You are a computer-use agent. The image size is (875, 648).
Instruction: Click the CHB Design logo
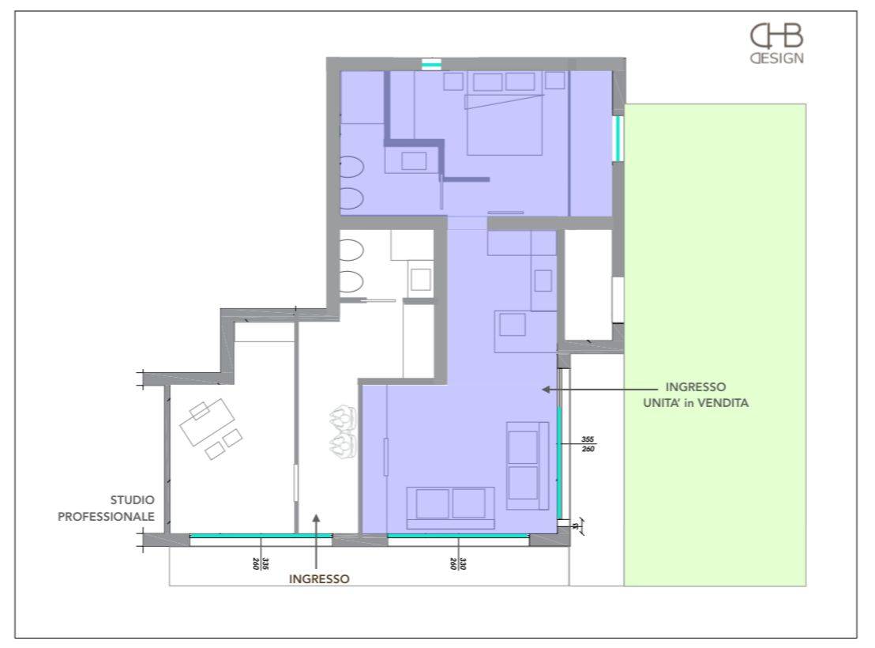[x=777, y=43]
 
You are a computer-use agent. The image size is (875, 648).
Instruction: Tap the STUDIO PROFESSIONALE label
[x=106, y=508]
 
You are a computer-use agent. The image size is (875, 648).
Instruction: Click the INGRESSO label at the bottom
[x=319, y=578]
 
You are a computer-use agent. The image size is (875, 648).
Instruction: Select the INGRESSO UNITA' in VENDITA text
[x=696, y=395]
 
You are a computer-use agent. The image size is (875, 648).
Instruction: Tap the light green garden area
[x=715, y=345]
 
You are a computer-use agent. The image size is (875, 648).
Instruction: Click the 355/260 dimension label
[x=588, y=444]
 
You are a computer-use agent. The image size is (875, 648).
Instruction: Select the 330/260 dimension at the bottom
[x=458, y=563]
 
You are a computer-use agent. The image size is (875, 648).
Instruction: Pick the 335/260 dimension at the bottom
[x=261, y=563]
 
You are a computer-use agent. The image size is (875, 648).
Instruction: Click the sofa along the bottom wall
[x=450, y=507]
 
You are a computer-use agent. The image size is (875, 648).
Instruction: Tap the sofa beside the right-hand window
[x=528, y=465]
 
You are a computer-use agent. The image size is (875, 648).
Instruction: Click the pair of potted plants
[x=344, y=431]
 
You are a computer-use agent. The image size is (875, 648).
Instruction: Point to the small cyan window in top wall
[x=431, y=64]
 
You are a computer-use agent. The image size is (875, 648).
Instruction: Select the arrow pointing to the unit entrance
[x=600, y=390]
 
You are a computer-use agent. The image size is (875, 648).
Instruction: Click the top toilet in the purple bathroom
[x=352, y=167]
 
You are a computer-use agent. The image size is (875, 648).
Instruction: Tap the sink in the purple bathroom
[x=414, y=161]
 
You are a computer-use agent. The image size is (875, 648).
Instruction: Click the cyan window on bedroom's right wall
[x=618, y=138]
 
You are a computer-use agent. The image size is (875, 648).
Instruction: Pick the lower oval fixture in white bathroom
[x=351, y=282]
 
